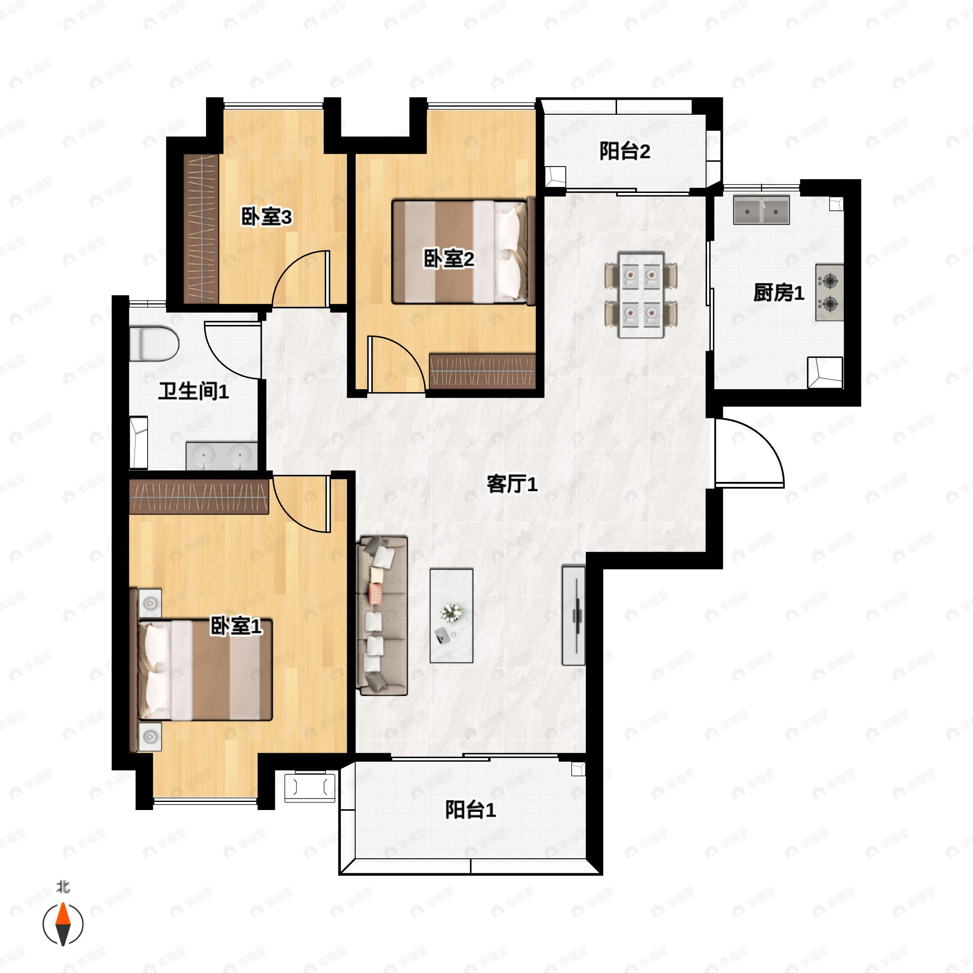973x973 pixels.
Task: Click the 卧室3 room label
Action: tap(266, 217)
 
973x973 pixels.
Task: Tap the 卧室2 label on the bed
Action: tap(449, 259)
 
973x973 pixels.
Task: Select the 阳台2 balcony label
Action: tap(624, 151)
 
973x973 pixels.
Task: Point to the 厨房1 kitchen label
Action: tap(778, 293)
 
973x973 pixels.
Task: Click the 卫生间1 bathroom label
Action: tap(194, 391)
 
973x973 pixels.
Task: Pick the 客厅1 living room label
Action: tap(512, 484)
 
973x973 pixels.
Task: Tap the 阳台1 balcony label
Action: tap(470, 809)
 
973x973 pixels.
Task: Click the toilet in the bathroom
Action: tap(154, 344)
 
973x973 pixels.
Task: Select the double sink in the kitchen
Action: tap(761, 210)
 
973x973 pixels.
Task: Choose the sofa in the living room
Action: tap(382, 616)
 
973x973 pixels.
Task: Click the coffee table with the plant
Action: tap(451, 615)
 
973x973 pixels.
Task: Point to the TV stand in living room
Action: tap(574, 615)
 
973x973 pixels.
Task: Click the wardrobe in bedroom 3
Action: tap(201, 229)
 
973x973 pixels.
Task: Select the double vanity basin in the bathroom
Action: tap(222, 456)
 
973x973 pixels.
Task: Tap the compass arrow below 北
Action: tap(63, 924)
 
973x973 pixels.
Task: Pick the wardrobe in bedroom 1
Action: tap(199, 497)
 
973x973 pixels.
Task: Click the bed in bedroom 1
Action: tap(201, 670)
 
